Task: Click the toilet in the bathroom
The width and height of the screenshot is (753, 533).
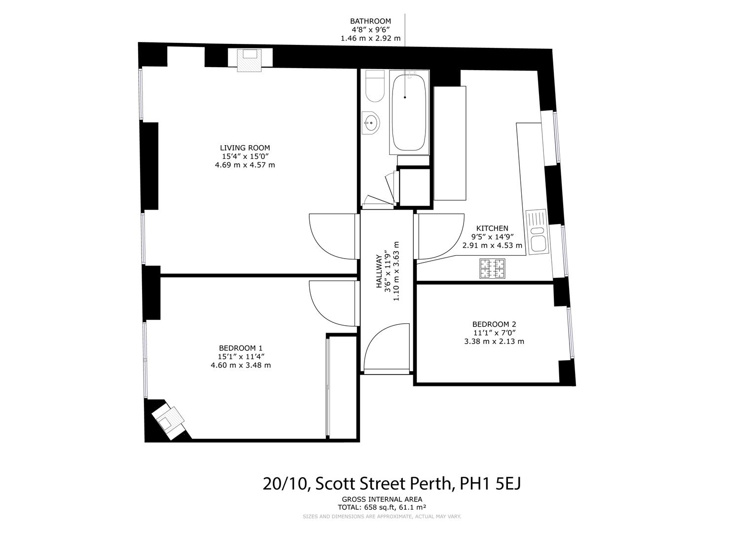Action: click(375, 87)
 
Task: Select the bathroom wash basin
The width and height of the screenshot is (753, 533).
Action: click(371, 122)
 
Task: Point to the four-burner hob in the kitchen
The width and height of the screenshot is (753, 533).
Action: click(492, 269)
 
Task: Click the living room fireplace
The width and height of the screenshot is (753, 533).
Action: click(250, 60)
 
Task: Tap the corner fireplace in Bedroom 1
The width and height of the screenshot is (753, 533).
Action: click(169, 419)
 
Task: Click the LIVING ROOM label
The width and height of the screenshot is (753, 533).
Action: click(245, 148)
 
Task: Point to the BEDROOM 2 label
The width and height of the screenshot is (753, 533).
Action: click(494, 324)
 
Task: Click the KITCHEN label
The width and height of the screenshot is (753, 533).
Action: click(492, 228)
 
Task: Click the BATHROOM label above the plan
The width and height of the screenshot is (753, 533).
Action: click(370, 21)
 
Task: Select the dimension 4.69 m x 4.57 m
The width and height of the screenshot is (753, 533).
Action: click(245, 165)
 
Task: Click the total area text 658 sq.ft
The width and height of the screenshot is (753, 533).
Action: click(382, 507)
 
